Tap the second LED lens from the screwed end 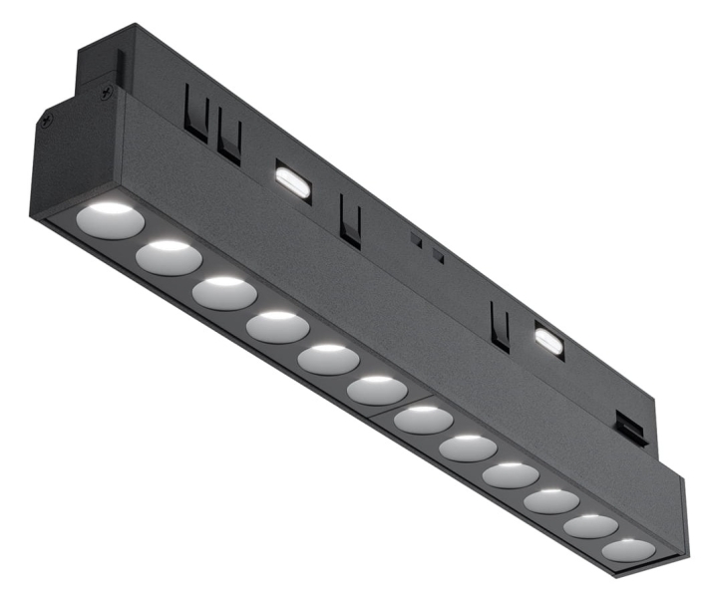pos(169,257)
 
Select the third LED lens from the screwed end pos(224,293)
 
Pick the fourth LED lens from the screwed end pos(276,327)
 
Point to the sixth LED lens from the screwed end pos(377,390)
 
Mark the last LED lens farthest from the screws pos(628,549)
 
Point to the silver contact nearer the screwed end pos(293,179)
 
